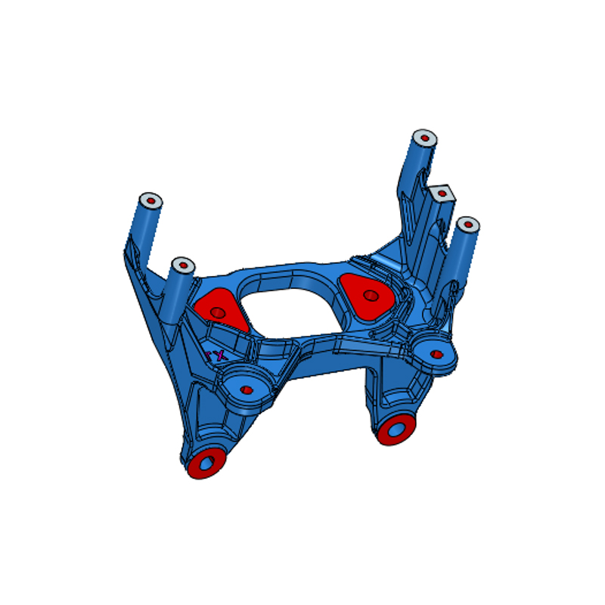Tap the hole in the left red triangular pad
[x=218, y=312]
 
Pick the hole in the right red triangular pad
[x=371, y=296]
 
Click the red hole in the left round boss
[x=247, y=390]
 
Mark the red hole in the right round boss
[x=436, y=353]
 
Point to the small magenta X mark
[x=218, y=354]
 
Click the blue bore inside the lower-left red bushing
[x=207, y=461]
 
